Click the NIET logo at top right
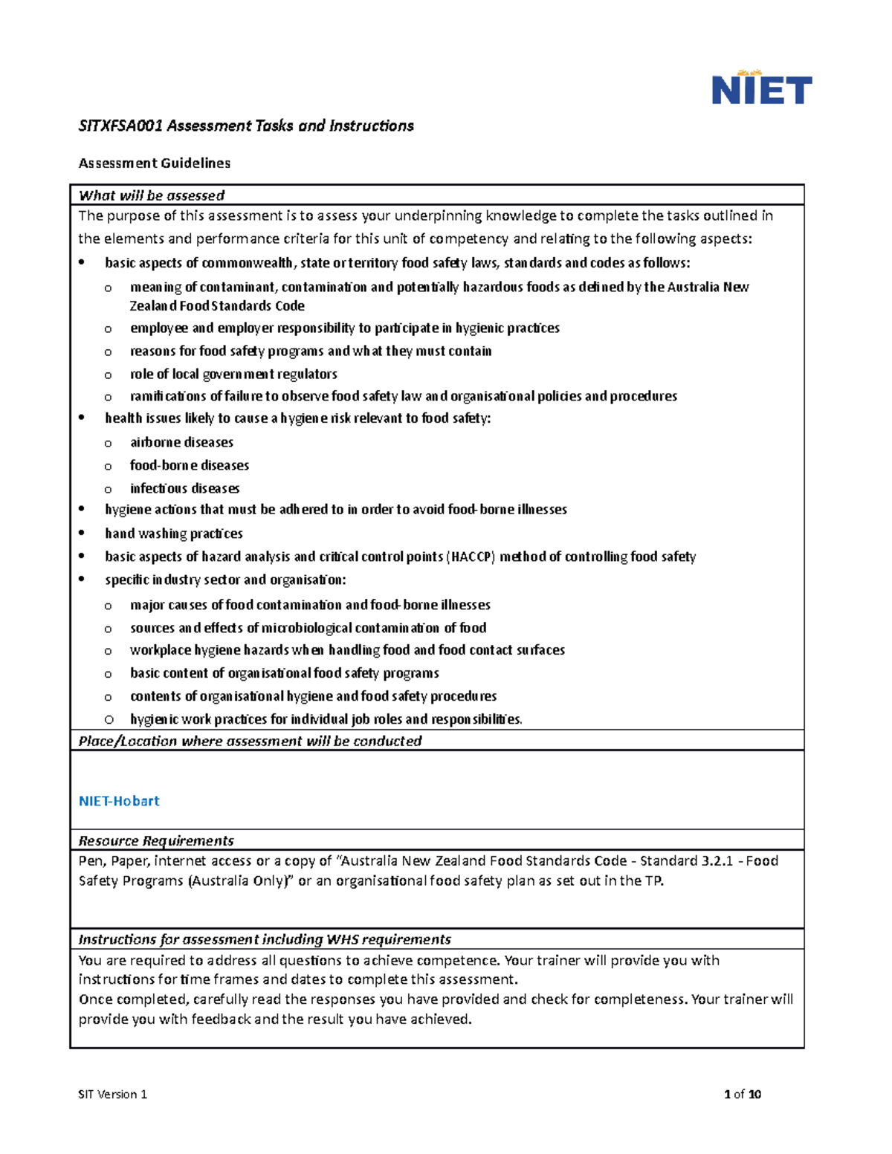[761, 88]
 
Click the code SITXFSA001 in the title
[120, 126]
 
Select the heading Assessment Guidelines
[155, 163]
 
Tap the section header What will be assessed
[152, 195]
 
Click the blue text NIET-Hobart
[119, 801]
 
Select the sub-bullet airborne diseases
[181, 442]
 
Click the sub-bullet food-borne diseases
[190, 465]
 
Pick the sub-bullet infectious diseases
[184, 488]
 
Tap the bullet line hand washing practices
[174, 534]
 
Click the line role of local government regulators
[233, 374]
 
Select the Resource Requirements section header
[156, 840]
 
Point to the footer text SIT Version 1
[113, 1094]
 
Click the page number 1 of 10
[742, 1094]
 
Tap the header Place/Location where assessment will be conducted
[250, 741]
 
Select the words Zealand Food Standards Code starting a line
[217, 305]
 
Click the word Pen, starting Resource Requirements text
[92, 860]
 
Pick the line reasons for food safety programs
[311, 351]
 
